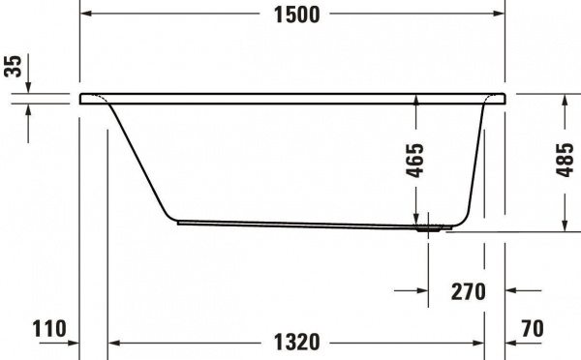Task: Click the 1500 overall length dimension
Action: pos(291,15)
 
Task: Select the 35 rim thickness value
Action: pos(13,65)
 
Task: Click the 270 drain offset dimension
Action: pos(468,290)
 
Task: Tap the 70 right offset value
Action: pos(532,330)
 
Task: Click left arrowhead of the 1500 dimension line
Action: pos(85,15)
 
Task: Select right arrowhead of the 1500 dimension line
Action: pos(499,15)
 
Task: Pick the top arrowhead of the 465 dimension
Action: pos(417,100)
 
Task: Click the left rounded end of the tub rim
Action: pos(83,98)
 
